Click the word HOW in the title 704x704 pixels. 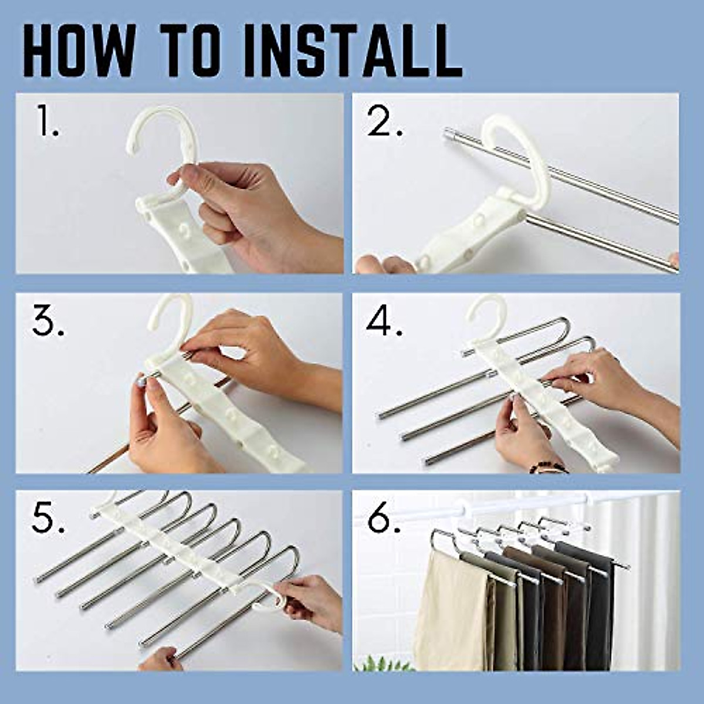(79, 52)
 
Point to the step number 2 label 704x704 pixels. (385, 120)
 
